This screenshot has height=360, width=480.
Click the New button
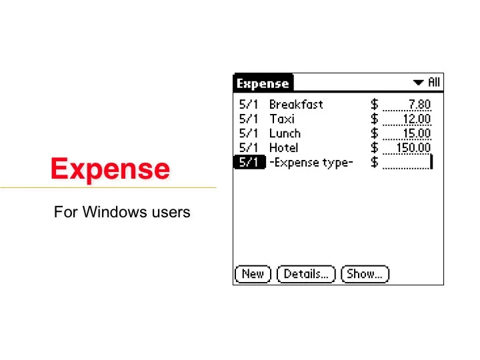click(253, 274)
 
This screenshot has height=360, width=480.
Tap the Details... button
click(306, 274)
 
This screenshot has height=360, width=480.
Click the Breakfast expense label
click(296, 105)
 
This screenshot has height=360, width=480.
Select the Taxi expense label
click(282, 119)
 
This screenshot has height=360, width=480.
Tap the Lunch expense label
click(285, 133)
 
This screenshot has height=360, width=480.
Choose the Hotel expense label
click(283, 148)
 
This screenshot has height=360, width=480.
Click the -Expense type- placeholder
click(311, 163)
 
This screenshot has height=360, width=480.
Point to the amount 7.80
click(419, 105)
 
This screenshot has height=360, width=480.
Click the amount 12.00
click(417, 119)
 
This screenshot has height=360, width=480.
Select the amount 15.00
click(417, 133)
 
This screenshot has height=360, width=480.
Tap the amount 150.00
click(413, 148)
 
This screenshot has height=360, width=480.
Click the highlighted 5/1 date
click(249, 163)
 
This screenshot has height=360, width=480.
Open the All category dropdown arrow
click(419, 83)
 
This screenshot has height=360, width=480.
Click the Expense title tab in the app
click(263, 83)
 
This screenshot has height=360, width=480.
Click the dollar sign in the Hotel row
click(375, 148)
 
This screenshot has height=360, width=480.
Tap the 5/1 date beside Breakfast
click(249, 105)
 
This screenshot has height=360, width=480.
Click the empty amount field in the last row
click(407, 163)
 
